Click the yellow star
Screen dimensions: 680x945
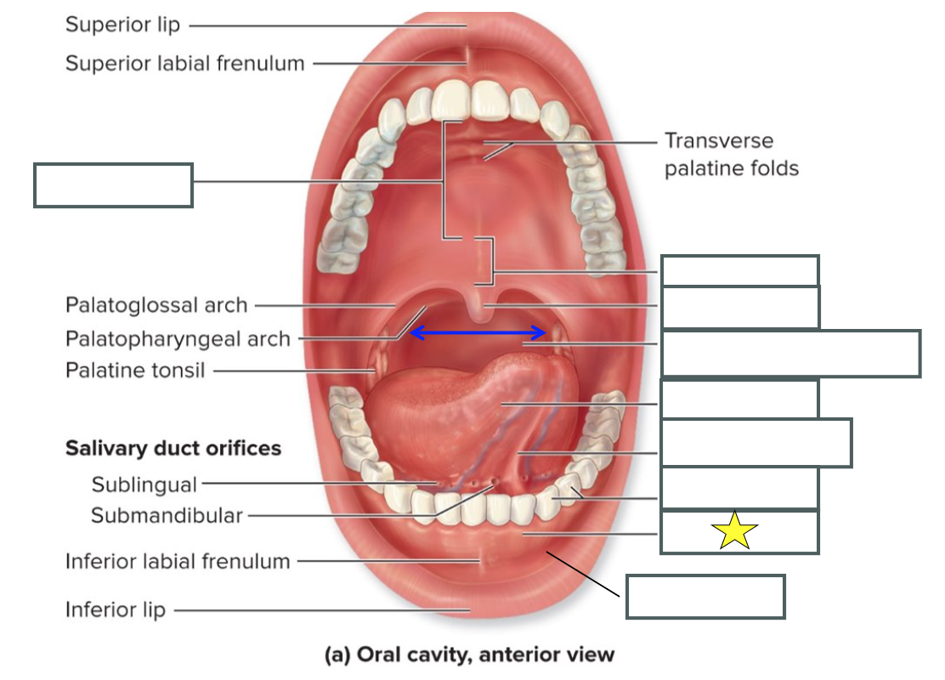click(734, 531)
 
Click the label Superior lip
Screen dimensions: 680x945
click(123, 25)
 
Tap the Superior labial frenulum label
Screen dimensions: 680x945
click(184, 63)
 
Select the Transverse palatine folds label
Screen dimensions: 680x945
click(731, 154)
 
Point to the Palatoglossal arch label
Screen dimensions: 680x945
click(156, 304)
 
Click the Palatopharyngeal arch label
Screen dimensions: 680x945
click(178, 339)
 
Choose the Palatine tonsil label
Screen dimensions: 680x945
click(135, 371)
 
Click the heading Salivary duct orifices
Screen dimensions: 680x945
click(173, 448)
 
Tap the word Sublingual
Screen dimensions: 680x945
click(144, 484)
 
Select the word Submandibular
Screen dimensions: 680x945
click(167, 515)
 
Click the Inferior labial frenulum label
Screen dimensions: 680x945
click(178, 561)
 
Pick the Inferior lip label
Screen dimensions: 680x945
click(116, 609)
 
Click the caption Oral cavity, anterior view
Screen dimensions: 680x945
click(469, 654)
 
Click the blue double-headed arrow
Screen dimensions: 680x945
click(478, 332)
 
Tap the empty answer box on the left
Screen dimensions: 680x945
click(113, 185)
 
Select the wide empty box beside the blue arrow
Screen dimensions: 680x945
click(790, 354)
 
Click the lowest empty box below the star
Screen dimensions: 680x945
click(705, 597)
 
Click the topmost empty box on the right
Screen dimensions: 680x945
click(740, 270)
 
